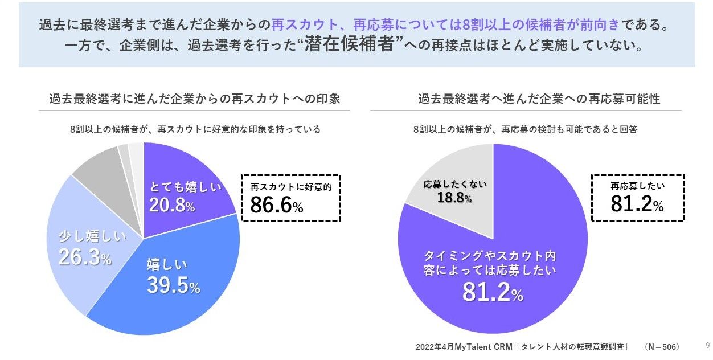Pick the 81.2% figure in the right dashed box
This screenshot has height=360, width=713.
click(637, 204)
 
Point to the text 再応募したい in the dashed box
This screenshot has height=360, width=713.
click(638, 186)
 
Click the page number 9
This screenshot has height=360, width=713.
click(708, 346)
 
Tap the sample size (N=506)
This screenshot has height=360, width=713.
click(662, 346)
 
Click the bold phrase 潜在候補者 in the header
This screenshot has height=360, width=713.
click(350, 45)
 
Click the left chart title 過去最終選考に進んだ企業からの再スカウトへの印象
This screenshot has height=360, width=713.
click(194, 99)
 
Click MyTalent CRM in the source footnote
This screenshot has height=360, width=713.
click(478, 346)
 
